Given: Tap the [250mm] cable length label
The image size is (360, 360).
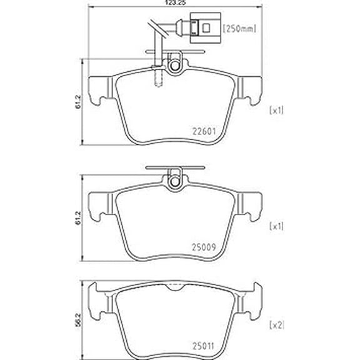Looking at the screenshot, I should coord(241,27).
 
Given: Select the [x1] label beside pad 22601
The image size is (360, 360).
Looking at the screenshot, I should coord(276,111).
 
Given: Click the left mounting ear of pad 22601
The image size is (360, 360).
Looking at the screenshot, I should coord(100,89).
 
